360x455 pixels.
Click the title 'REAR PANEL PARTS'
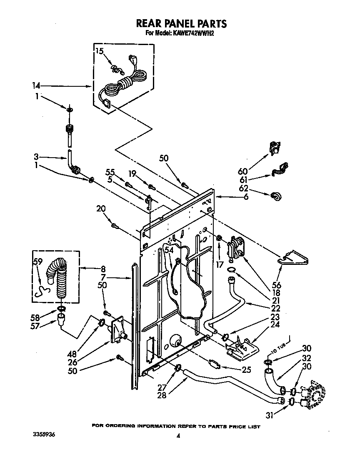[x=180, y=23]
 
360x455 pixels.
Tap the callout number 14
[x=36, y=86]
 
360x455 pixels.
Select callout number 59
[x=38, y=263]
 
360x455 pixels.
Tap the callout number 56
[x=276, y=285]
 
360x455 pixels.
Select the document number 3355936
[x=44, y=435]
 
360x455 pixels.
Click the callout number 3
[x=36, y=157]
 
